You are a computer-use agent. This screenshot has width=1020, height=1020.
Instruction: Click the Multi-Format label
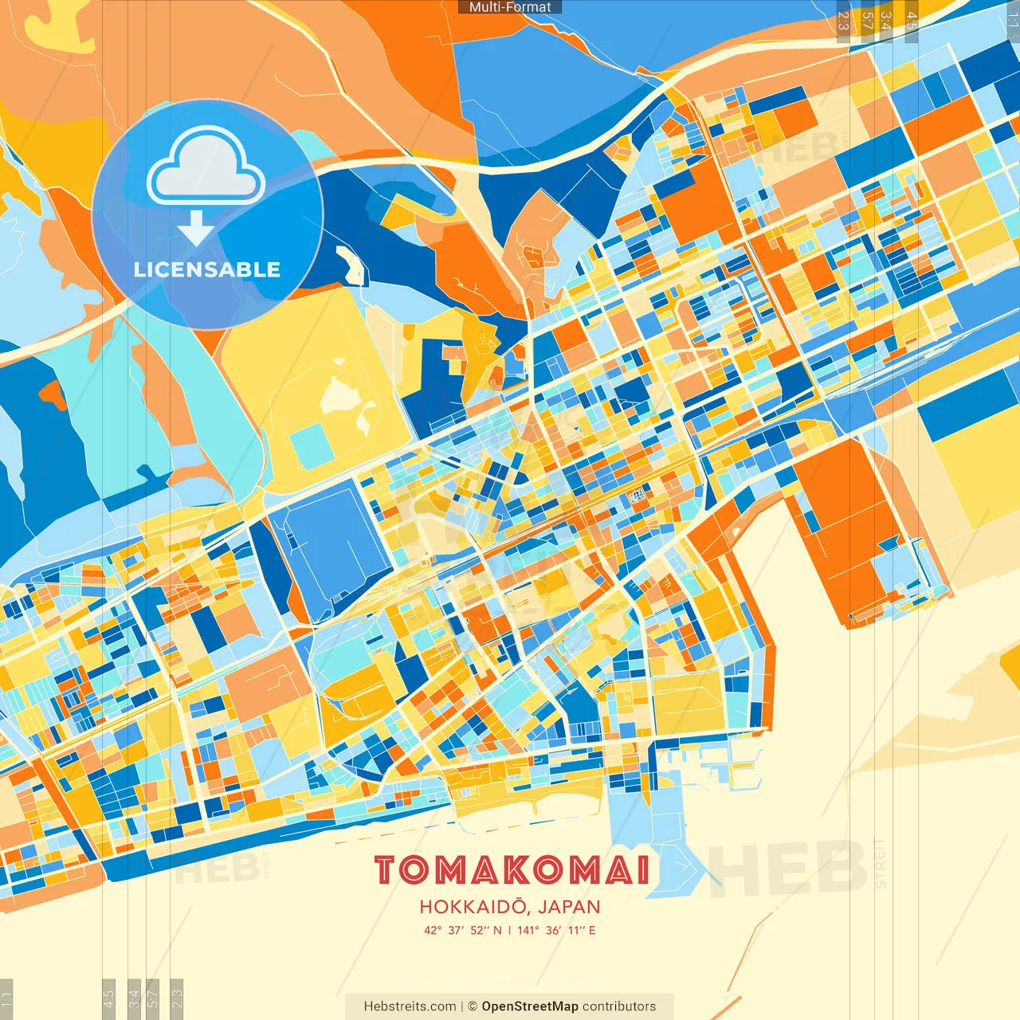510,7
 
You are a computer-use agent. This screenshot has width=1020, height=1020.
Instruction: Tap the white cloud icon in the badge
206,169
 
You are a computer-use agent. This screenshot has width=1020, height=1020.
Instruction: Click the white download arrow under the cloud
195,228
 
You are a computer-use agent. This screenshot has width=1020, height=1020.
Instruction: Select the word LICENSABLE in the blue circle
207,269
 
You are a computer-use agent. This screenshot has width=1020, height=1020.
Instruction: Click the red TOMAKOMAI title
512,870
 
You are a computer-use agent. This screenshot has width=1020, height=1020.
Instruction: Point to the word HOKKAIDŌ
473,907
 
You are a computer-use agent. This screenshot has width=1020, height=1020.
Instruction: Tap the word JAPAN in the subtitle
569,907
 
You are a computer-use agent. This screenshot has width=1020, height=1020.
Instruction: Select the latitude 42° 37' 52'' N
463,930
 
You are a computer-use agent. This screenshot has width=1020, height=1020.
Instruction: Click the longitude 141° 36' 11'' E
556,930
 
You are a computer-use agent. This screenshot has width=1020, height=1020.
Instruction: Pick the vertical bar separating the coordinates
510,930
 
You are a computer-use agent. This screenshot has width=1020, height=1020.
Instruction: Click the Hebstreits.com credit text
410,1006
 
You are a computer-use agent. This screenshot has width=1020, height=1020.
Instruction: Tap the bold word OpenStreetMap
530,1006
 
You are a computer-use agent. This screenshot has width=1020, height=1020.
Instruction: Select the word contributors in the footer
619,1006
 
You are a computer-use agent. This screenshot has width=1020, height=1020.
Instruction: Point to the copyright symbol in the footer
473,1006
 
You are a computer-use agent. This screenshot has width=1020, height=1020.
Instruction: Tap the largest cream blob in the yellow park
343,395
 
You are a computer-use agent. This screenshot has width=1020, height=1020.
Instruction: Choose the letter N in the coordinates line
497,930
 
